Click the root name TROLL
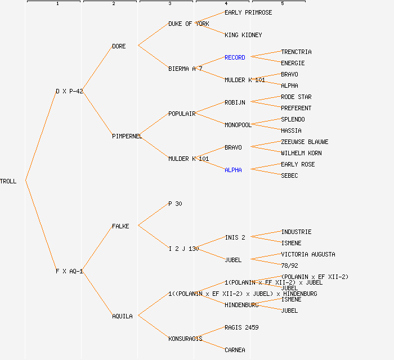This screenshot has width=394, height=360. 8,181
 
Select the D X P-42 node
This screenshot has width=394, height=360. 69,91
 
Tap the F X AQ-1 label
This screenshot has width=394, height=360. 69,271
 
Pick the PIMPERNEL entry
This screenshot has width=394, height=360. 127,136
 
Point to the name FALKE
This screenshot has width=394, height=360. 120,226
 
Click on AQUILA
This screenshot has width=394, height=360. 122,316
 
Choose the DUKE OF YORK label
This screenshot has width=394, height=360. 189,24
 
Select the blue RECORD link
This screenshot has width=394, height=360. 235,57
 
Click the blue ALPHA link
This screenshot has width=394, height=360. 233,170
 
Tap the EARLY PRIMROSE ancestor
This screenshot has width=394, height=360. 248,12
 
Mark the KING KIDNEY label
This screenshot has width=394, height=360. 243,35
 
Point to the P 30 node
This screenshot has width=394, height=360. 175,204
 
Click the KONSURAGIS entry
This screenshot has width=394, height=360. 185,339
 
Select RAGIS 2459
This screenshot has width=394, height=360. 241,327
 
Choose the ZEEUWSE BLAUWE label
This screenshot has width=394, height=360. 305,142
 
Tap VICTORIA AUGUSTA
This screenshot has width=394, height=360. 308,254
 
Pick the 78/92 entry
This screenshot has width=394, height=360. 289,265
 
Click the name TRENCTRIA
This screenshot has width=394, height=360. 296,52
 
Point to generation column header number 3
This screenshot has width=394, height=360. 169,4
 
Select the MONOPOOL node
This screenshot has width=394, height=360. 238,125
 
